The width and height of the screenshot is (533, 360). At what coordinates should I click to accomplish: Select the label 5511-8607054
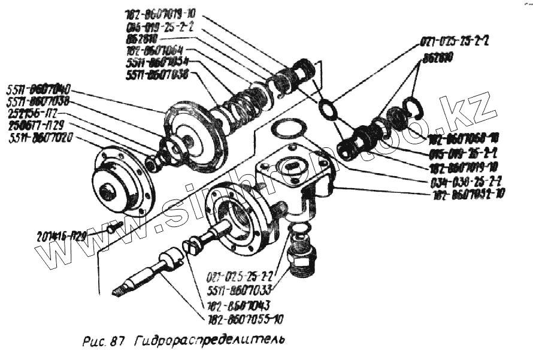(x=158, y=62)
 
